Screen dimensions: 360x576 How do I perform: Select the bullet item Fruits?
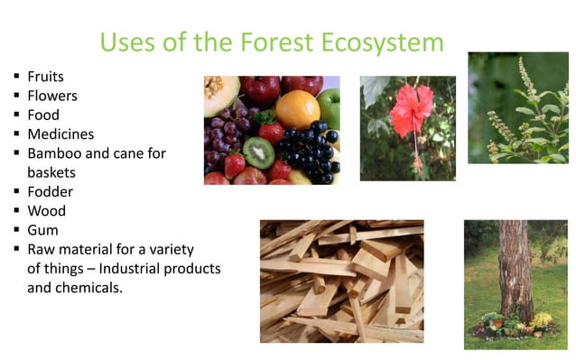pos(46,77)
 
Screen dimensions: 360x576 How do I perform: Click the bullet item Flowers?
pos(52,96)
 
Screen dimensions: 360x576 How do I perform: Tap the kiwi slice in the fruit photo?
pos(259,152)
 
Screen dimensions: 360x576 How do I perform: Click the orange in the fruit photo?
pos(297,108)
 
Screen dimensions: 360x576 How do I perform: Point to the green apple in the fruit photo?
pos(330,107)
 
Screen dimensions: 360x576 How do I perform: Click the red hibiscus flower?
pos(411,113)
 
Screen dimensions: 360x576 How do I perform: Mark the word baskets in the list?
pos(51,172)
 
